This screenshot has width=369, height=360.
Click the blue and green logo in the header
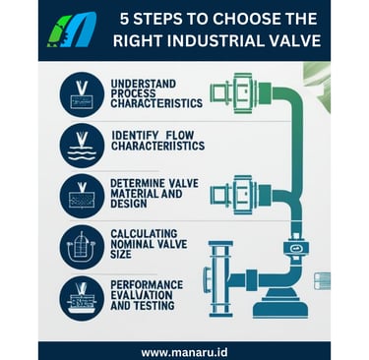(x=72, y=30)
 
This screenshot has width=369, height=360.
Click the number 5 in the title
(x=124, y=20)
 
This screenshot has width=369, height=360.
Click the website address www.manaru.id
(x=184, y=352)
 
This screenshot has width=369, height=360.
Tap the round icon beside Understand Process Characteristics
(x=82, y=94)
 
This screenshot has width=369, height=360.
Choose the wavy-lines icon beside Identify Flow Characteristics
(x=82, y=146)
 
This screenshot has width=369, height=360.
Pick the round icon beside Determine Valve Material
(x=82, y=196)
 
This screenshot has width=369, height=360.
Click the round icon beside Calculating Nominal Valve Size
(x=82, y=247)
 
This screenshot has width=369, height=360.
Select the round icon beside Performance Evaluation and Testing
(x=82, y=298)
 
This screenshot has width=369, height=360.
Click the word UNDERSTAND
(x=144, y=84)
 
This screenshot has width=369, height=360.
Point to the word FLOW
(x=180, y=135)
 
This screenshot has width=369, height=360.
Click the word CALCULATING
(x=144, y=234)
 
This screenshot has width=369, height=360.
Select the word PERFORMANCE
(x=147, y=284)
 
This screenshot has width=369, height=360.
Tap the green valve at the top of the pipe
(x=240, y=93)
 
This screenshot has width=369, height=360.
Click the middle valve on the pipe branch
(x=240, y=195)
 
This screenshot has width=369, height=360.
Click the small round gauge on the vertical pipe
(x=295, y=248)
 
